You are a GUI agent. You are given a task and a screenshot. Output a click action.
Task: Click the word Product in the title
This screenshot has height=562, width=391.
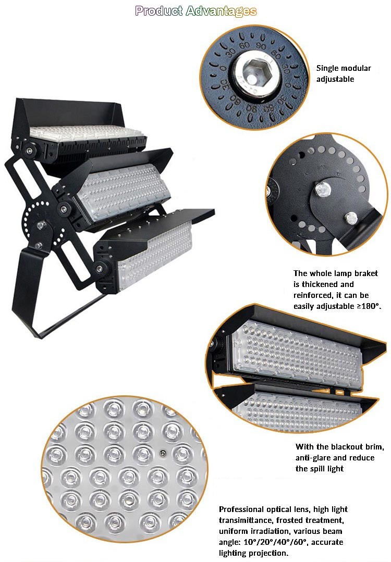click(x=159, y=11)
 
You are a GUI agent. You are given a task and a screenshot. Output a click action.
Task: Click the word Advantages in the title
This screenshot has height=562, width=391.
click(x=222, y=11)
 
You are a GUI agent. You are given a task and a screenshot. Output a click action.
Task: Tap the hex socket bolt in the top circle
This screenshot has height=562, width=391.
click(x=253, y=72)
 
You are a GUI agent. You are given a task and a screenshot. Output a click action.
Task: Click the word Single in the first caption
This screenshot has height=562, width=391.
click(x=328, y=68)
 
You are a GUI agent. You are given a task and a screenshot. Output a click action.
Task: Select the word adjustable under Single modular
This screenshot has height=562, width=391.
click(x=335, y=79)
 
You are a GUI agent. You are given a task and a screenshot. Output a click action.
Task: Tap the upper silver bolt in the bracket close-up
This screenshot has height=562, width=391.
click(x=323, y=189)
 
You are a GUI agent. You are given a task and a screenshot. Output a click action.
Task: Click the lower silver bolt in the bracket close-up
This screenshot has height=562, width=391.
click(x=350, y=217)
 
